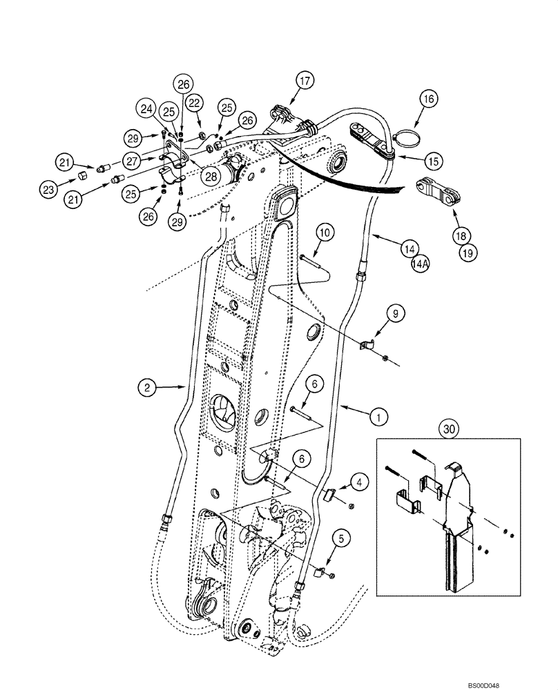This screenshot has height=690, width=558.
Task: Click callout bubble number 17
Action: coord(306,81)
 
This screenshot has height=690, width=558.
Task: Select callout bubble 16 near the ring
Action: coord(427,99)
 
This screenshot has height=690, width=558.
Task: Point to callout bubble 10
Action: coord(325,233)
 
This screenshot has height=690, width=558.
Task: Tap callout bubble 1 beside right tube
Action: coord(379,416)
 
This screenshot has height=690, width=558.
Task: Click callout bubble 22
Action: coord(195,103)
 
